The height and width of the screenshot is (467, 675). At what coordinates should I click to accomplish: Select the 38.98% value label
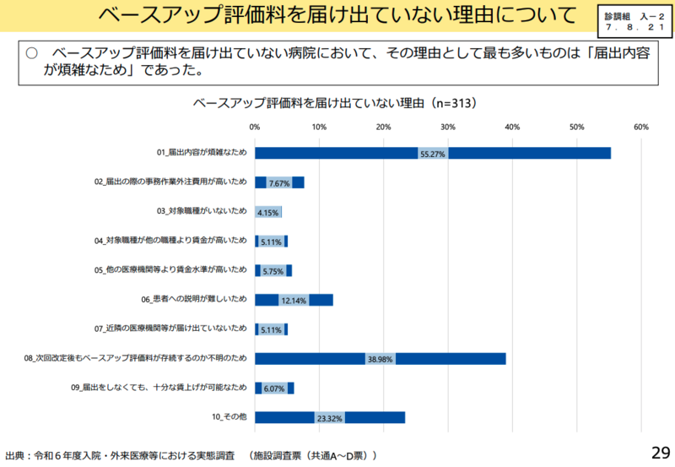(381, 359)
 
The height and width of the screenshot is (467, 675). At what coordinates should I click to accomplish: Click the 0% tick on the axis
(256, 127)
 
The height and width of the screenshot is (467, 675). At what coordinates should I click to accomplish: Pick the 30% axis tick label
(448, 127)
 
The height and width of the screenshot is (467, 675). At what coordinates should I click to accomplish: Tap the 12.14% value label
(294, 301)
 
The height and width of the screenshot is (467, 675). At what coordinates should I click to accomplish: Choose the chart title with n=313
(336, 103)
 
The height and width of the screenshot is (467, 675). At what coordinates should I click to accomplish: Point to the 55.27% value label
(432, 154)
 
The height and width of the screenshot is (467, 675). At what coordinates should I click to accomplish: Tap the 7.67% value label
(279, 183)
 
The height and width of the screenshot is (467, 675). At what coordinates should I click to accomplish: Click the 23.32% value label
(329, 418)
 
